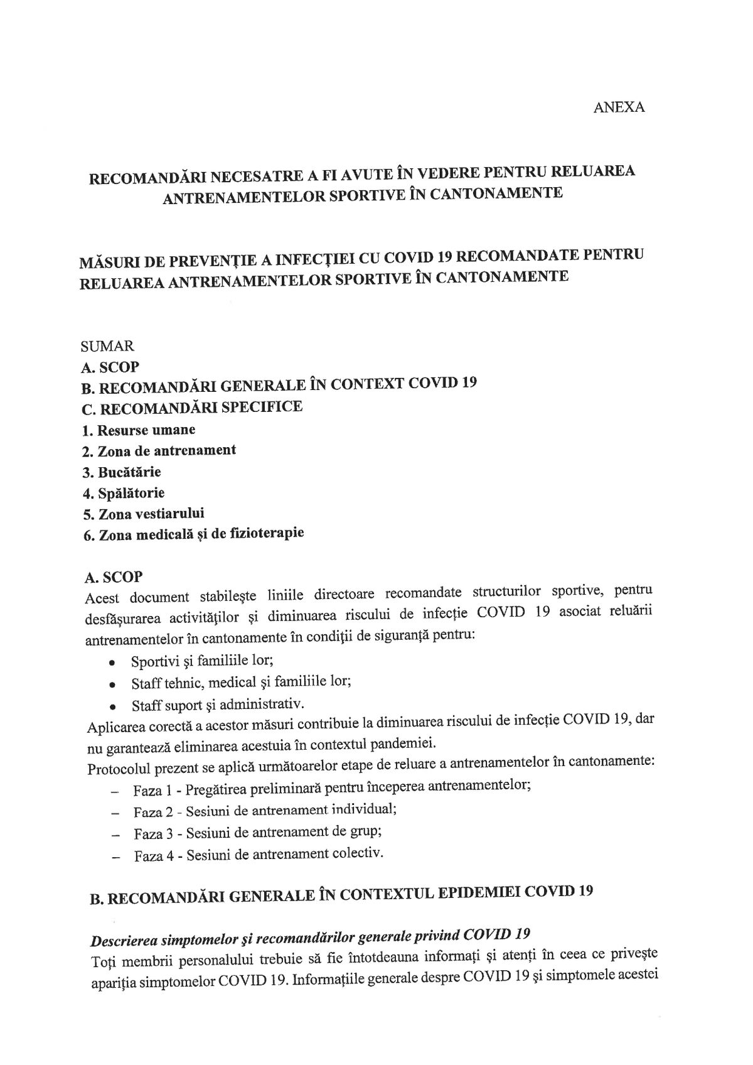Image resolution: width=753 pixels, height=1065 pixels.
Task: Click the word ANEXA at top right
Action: [x=619, y=107]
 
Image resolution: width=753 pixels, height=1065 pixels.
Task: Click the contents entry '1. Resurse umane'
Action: [x=139, y=430]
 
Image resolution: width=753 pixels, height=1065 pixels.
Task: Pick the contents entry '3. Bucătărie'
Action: [x=121, y=472]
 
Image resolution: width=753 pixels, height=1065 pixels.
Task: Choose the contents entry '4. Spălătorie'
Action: [x=124, y=493]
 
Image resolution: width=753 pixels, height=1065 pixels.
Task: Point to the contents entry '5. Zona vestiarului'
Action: [x=143, y=514]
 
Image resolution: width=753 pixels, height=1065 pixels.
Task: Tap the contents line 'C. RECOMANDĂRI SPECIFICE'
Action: [x=192, y=408]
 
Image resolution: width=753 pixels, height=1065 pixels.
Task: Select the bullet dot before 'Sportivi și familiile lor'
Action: [x=112, y=663]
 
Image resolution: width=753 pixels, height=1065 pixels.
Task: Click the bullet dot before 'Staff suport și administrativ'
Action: [x=112, y=706]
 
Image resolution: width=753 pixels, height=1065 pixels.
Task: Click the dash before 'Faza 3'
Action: [x=115, y=836]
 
